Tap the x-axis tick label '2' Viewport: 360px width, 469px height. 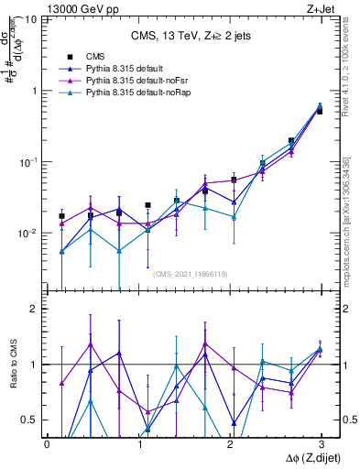(229, 442)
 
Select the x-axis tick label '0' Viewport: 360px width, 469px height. (47, 442)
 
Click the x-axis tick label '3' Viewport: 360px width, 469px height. (321, 442)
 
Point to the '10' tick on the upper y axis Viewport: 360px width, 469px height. (31, 19)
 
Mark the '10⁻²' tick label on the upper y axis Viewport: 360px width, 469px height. (29, 234)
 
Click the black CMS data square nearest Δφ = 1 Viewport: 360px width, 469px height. (148, 205)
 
